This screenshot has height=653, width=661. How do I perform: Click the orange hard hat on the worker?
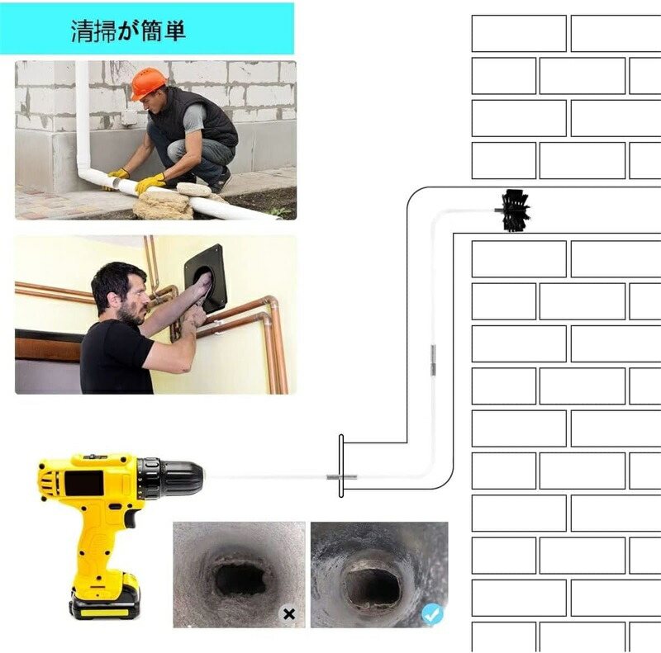(x=149, y=83)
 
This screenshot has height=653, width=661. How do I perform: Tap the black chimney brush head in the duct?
(x=515, y=211)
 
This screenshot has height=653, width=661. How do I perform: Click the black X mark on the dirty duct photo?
(x=289, y=614)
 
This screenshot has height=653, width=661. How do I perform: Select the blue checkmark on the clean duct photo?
(x=432, y=615)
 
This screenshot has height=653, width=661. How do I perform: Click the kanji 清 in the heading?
(x=82, y=31)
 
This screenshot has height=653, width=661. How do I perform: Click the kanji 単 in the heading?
(x=174, y=31)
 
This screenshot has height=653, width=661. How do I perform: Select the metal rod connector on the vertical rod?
(x=432, y=360)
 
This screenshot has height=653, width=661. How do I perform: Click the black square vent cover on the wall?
(x=205, y=278)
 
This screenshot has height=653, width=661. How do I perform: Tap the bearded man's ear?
(x=112, y=300)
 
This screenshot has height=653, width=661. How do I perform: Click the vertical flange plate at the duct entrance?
(x=341, y=466)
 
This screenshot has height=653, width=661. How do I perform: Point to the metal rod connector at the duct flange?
(x=341, y=477)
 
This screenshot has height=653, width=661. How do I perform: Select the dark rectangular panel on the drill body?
(x=84, y=483)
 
